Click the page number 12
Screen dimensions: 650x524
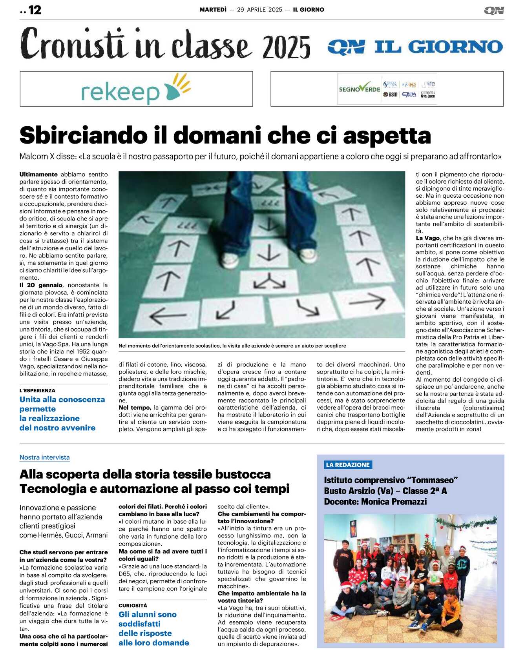[x=35, y=10]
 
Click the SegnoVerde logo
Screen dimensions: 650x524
[x=359, y=89]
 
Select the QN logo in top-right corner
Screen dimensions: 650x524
[x=494, y=10]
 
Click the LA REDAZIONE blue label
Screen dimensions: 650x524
[x=348, y=465]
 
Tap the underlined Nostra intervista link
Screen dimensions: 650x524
[x=44, y=457]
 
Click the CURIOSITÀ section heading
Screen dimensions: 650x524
[x=133, y=605]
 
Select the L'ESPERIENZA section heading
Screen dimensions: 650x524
[x=37, y=390]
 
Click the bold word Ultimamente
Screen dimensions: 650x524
[x=38, y=174]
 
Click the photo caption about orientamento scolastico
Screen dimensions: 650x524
[x=232, y=346]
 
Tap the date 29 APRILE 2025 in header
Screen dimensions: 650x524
[x=259, y=10]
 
